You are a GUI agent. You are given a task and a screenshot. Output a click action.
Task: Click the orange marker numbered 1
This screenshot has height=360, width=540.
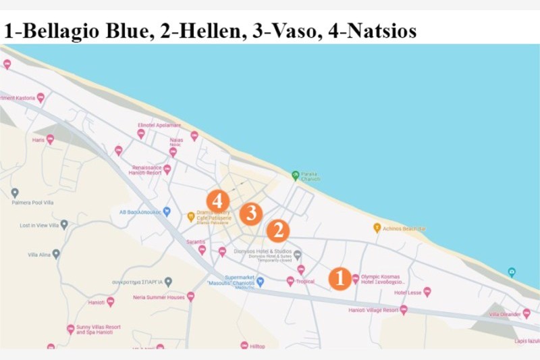tap(340, 278)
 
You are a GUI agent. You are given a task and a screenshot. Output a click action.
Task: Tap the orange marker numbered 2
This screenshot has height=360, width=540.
tap(277, 231)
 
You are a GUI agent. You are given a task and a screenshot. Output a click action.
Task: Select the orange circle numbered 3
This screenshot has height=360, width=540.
tap(251, 213)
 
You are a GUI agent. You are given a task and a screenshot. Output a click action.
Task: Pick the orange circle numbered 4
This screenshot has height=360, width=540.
tap(217, 200)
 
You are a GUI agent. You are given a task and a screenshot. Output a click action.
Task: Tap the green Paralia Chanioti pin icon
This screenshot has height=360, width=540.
tap(295, 176)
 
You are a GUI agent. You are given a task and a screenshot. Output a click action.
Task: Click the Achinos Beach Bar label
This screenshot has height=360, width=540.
tap(404, 229)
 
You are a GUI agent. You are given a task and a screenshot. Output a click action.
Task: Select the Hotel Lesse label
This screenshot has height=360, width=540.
tap(408, 292)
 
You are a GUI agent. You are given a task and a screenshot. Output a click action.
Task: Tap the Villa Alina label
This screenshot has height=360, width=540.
tap(39, 255)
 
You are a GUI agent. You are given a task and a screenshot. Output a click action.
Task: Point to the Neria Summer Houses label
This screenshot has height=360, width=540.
tap(159, 297)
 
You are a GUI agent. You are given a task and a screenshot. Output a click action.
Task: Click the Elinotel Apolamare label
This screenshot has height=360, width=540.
tap(159, 125)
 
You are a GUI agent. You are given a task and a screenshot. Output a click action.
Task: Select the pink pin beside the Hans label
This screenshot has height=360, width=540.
tap(50, 139)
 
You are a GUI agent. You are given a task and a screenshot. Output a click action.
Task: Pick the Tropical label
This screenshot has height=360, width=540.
tap(305, 282)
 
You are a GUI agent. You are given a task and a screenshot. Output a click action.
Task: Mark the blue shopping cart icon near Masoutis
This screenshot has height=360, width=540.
tap(260, 282)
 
